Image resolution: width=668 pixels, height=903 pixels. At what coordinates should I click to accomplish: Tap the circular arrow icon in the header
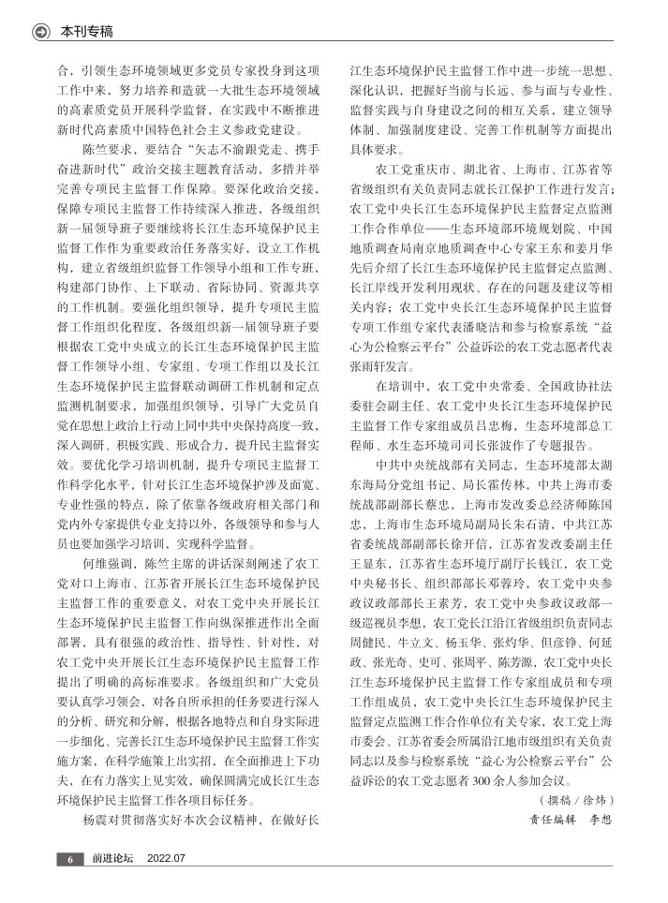(40, 32)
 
